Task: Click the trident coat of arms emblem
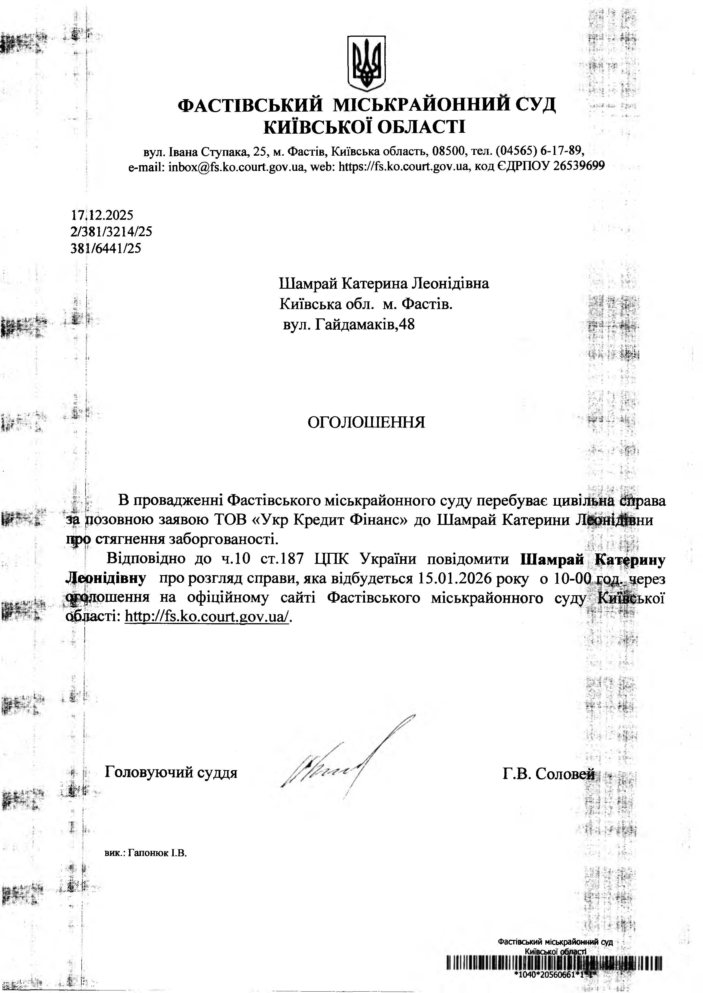(x=366, y=63)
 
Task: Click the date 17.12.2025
(x=102, y=215)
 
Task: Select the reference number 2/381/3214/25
(x=111, y=232)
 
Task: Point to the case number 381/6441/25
(x=106, y=249)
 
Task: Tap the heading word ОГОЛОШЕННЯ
(x=366, y=422)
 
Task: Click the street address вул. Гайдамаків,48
(x=349, y=324)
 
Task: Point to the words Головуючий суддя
(x=171, y=773)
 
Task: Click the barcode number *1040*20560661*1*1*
(x=555, y=975)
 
